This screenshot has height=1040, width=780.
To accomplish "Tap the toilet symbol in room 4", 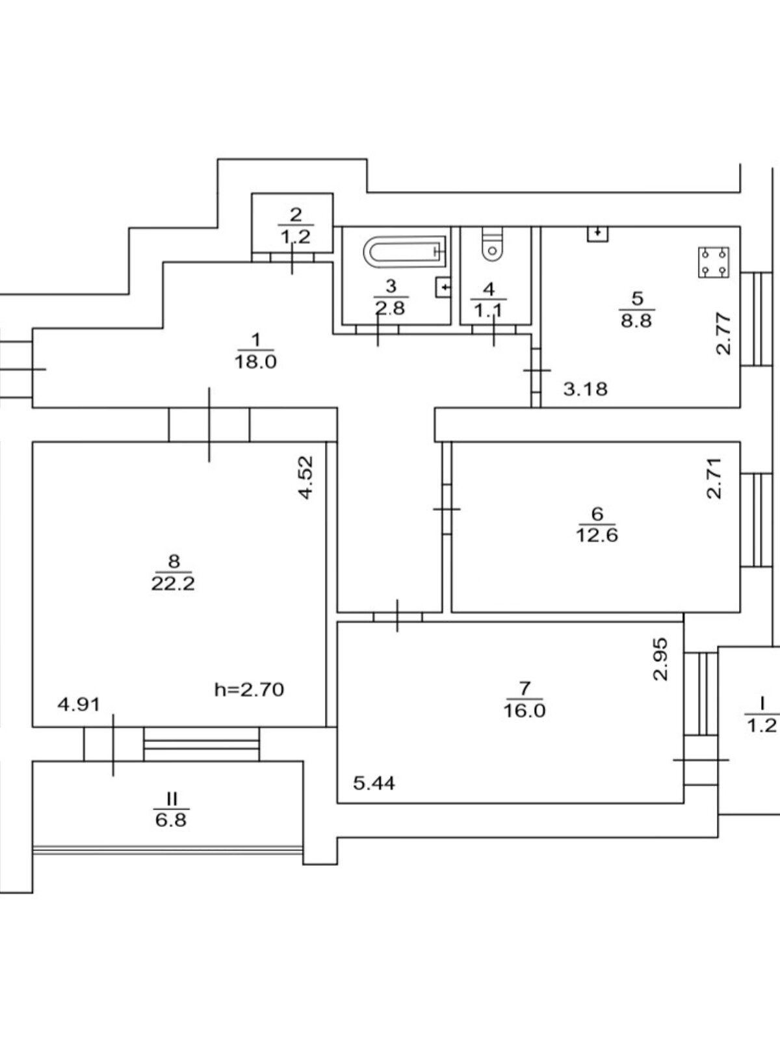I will pyautogui.click(x=492, y=244).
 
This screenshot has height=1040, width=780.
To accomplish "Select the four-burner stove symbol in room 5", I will pyautogui.click(x=713, y=263).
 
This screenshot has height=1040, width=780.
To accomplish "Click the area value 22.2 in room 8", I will pyautogui.click(x=173, y=583).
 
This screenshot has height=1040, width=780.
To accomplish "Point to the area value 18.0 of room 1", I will pyautogui.click(x=256, y=362).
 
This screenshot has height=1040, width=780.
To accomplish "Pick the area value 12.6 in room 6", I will pyautogui.click(x=596, y=535).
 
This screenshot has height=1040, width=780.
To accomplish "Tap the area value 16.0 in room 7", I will pyautogui.click(x=524, y=710).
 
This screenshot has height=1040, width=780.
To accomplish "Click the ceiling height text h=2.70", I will pyautogui.click(x=249, y=689).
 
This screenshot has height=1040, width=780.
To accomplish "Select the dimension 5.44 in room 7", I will pyautogui.click(x=374, y=783).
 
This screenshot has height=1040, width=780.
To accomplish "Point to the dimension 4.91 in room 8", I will pyautogui.click(x=79, y=705).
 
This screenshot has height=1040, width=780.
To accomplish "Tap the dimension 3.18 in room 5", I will pyautogui.click(x=585, y=389).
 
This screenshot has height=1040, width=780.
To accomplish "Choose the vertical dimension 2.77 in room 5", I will pyautogui.click(x=724, y=334).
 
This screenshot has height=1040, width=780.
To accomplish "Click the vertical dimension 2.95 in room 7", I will pyautogui.click(x=660, y=659).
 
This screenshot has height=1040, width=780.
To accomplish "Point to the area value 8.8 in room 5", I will pyautogui.click(x=636, y=320).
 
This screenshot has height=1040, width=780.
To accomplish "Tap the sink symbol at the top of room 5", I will pyautogui.click(x=597, y=234).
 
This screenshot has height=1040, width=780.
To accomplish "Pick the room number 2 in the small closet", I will pyautogui.click(x=296, y=214).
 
